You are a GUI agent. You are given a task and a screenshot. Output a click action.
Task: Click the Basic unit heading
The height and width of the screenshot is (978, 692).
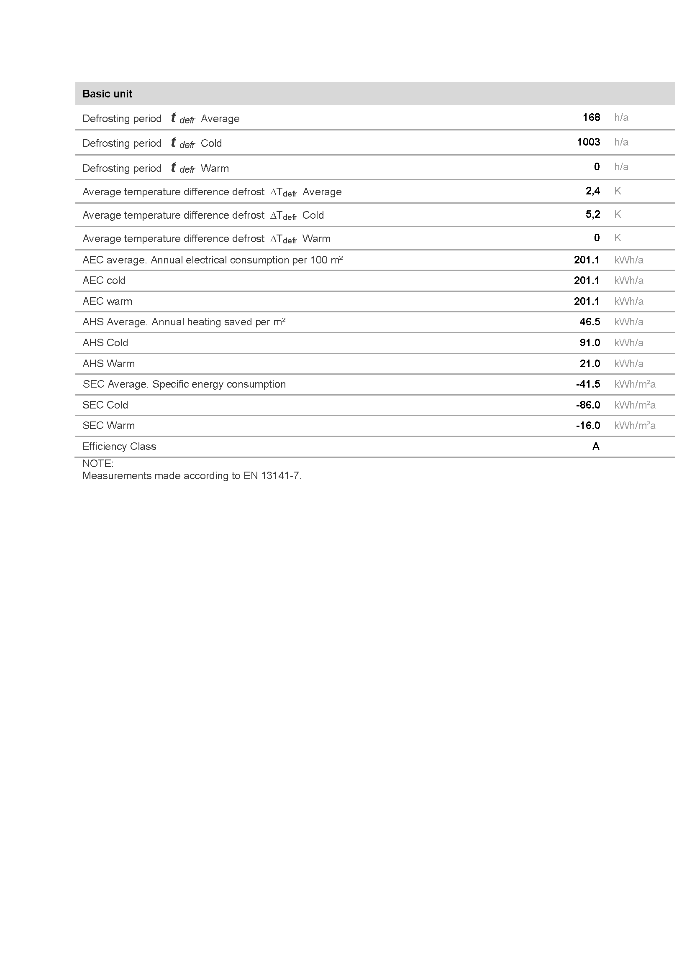(x=107, y=94)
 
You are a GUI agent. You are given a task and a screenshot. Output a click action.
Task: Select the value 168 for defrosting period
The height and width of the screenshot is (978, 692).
(x=591, y=117)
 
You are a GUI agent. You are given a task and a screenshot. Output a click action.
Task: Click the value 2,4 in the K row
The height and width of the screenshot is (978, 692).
(x=592, y=191)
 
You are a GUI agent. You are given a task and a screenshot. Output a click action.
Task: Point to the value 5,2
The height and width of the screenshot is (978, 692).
(x=592, y=214)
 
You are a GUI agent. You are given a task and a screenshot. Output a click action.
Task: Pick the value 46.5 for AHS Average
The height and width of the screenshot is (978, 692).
(x=589, y=322)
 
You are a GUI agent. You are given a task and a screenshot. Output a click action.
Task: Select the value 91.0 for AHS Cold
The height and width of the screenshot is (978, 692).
(x=589, y=342)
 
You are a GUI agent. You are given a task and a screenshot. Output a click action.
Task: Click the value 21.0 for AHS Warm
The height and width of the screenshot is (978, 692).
(x=589, y=363)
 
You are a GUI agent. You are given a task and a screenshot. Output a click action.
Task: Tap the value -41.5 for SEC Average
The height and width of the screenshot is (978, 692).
(x=587, y=384)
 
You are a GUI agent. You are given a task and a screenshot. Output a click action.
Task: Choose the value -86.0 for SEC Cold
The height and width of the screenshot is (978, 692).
(x=587, y=405)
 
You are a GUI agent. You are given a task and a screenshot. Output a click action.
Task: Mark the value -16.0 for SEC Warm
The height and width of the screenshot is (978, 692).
(x=587, y=425)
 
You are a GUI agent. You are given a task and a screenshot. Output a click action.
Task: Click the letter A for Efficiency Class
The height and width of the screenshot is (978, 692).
(x=596, y=446)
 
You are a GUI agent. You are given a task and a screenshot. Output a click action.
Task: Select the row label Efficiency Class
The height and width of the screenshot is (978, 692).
(x=119, y=446)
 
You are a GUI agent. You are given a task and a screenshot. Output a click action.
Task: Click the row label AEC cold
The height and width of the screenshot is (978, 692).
(x=104, y=280)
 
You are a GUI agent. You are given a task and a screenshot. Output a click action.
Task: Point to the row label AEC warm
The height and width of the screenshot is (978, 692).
(x=107, y=301)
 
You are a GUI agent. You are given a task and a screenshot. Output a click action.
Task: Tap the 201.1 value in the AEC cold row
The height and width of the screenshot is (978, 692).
(x=586, y=280)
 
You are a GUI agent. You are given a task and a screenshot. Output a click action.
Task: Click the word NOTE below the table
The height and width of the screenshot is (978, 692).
(x=97, y=463)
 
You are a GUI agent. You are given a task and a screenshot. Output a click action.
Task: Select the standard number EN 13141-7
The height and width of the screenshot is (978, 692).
(x=272, y=475)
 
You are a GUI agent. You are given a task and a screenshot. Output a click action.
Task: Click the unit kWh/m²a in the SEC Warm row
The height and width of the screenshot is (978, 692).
(x=635, y=425)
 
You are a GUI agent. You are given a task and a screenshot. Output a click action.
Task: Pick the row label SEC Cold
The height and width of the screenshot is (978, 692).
(x=105, y=405)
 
